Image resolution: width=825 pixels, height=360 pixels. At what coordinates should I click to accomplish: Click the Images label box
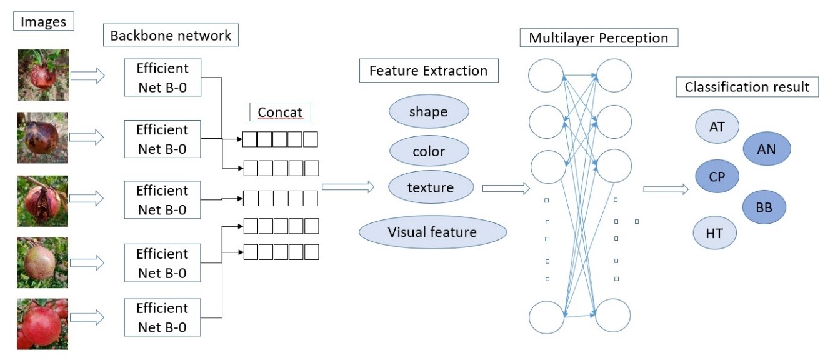pyautogui.click(x=43, y=22)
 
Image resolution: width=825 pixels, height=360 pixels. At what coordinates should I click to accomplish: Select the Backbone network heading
pyautogui.click(x=171, y=36)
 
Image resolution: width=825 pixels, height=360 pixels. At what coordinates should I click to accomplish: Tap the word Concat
pyautogui.click(x=280, y=112)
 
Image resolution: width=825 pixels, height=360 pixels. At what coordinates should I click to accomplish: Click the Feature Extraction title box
pyautogui.click(x=429, y=71)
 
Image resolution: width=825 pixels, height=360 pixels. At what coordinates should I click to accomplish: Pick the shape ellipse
pyautogui.click(x=428, y=112)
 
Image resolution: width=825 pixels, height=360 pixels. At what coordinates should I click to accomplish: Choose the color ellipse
pyautogui.click(x=429, y=151)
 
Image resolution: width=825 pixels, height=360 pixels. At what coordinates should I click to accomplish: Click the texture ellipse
pyautogui.click(x=430, y=187)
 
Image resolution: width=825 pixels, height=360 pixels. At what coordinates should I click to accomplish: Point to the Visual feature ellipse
pyautogui.click(x=432, y=232)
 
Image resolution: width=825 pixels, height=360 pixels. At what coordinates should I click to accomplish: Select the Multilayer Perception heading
pyautogui.click(x=598, y=38)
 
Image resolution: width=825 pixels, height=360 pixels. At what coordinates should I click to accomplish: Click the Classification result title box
pyautogui.click(x=747, y=87)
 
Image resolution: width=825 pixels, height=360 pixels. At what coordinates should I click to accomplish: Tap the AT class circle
pyautogui.click(x=717, y=127)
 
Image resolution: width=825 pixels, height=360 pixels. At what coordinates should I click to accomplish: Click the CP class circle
pyautogui.click(x=716, y=176)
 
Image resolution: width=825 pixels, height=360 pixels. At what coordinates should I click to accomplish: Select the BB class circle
pyautogui.click(x=764, y=207)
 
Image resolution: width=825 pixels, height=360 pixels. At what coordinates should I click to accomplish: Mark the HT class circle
pyautogui.click(x=714, y=233)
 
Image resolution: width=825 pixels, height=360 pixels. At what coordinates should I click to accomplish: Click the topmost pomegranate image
pyautogui.click(x=43, y=75)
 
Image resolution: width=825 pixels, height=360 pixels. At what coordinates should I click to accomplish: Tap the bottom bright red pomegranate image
pyautogui.click(x=42, y=324)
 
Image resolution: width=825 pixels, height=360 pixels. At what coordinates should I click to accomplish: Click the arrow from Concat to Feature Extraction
pyautogui.click(x=347, y=186)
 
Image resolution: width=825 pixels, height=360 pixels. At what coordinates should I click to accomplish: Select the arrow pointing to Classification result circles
pyautogui.click(x=666, y=188)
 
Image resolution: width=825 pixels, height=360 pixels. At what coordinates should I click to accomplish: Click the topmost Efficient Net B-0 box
pyautogui.click(x=162, y=77)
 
